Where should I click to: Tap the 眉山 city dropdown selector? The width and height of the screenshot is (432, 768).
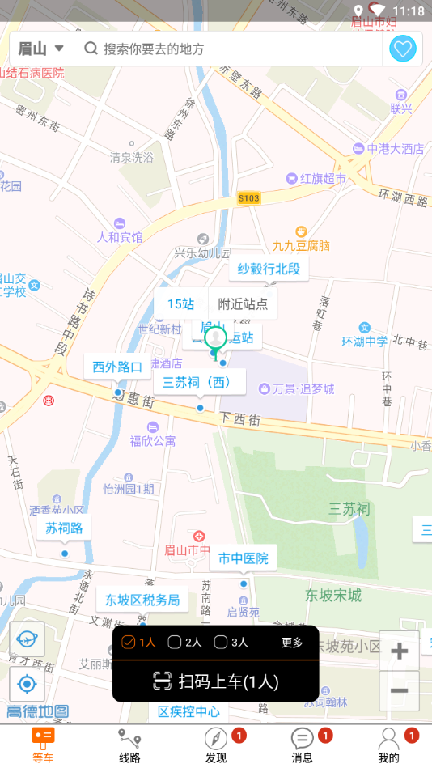coord(41,49)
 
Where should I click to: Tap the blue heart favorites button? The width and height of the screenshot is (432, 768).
coord(403,49)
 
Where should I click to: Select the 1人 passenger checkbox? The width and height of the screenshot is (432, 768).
coord(138,643)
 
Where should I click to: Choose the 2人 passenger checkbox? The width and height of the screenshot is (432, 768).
coord(184,643)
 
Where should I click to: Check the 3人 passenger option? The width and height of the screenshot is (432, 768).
coord(231,643)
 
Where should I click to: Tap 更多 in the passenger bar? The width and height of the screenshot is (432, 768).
coord(292,643)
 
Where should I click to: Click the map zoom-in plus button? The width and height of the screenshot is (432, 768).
coord(399,651)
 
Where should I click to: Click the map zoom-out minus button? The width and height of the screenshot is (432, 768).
coord(399,690)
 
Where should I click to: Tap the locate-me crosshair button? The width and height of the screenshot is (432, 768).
coord(27,685)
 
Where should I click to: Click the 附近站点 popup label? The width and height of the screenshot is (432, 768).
coord(243,304)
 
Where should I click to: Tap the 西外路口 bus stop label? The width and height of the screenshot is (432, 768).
coord(117,367)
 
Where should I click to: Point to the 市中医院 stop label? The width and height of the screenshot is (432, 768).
coord(243,558)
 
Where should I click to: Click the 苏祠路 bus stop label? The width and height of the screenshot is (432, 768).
coord(63,529)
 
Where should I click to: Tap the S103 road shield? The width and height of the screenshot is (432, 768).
coord(249,197)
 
